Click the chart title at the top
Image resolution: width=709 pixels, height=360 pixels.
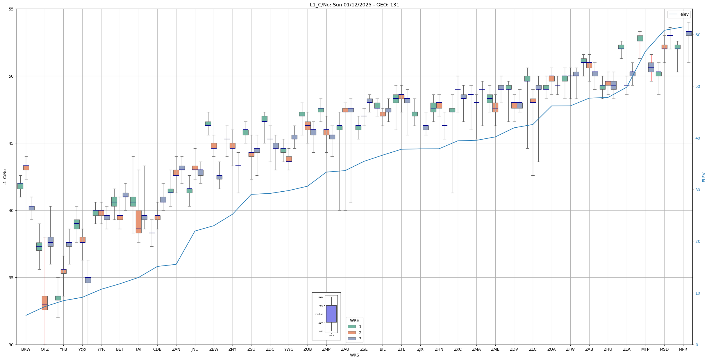coord(354,5)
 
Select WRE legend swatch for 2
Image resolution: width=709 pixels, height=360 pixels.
coord(351,333)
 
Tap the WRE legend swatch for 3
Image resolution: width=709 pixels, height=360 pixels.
coord(351,339)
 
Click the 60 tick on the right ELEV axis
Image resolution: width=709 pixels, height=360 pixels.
coord(697,35)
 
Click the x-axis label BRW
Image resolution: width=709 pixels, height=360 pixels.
coord(26,349)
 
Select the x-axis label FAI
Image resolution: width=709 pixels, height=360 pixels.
coord(138,349)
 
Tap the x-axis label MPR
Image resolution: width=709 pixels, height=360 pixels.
coord(683,349)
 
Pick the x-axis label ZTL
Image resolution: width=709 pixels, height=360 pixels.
coord(401,349)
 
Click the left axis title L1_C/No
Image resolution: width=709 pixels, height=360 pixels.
coord(5,177)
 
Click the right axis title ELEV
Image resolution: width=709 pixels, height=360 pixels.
coord(704,177)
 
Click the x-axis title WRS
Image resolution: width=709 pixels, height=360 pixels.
coord(354,355)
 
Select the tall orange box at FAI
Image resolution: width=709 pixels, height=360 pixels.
coord(138,222)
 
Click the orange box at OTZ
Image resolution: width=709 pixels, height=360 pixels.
coord(45,303)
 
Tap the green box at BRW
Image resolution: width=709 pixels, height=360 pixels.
coord(20,186)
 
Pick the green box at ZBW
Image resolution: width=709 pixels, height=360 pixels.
coord(208,124)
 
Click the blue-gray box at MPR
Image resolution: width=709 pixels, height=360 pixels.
coord(689,33)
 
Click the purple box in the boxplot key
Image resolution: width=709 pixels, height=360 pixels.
coord(331,314)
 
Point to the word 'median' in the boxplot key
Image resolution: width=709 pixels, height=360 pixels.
coord(319,314)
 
